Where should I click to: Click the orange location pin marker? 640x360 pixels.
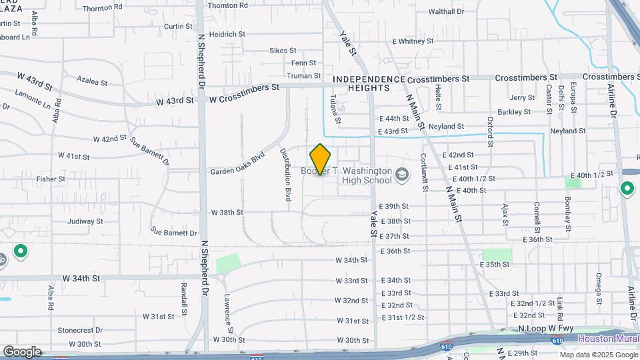(x=320, y=159)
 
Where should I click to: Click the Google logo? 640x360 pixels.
(x=22, y=352)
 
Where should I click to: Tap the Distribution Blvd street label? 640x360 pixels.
(x=285, y=175)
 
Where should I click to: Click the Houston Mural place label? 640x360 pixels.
(x=608, y=339)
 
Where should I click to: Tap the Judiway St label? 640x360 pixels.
(x=85, y=221)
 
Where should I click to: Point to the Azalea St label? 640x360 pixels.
(x=92, y=81)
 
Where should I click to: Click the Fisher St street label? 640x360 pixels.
(x=51, y=179)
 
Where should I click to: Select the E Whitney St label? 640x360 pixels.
(x=413, y=41)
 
